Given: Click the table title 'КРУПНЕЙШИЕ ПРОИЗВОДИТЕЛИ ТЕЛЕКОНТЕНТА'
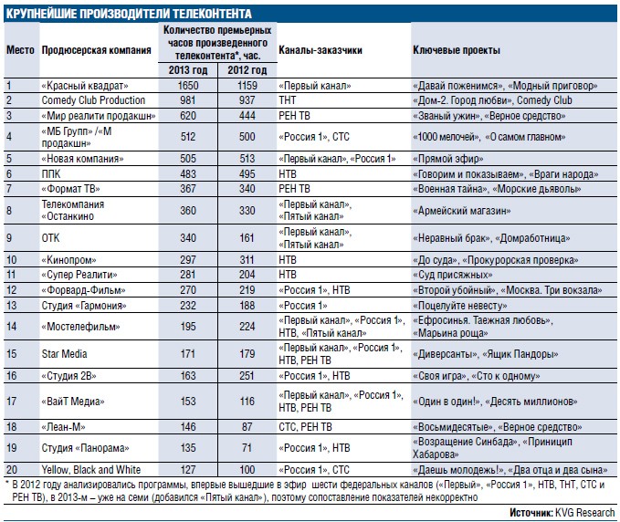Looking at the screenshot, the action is tap(129, 14).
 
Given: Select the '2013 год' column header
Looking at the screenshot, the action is tap(188, 70).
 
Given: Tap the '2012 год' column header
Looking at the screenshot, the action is tap(247, 70).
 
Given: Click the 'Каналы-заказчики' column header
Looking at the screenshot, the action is tap(321, 50).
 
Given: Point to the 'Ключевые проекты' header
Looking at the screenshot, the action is tap(457, 50).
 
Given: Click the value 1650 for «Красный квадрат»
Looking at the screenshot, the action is tap(188, 86).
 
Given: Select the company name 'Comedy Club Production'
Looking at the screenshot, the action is tap(93, 100).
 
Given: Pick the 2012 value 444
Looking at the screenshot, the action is tap(247, 115).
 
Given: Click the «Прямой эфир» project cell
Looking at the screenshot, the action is tap(448, 159).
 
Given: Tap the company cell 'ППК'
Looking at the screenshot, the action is tap(51, 174).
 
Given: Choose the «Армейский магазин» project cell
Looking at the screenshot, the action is tap(461, 211).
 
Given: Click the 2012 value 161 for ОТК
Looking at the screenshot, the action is tap(247, 238).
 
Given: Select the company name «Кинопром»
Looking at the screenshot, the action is tap(68, 260).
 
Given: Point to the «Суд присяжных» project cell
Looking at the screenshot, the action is tap(452, 275).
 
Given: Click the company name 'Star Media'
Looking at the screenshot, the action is tap(64, 354).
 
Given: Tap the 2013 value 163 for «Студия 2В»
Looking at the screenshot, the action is tap(188, 375).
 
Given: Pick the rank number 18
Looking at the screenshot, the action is tap(12, 427).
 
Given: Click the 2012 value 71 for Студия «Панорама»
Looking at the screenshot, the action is tap(247, 448).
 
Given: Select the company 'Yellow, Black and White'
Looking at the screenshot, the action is tap(91, 470).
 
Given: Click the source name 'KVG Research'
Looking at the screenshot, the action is tap(584, 513).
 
